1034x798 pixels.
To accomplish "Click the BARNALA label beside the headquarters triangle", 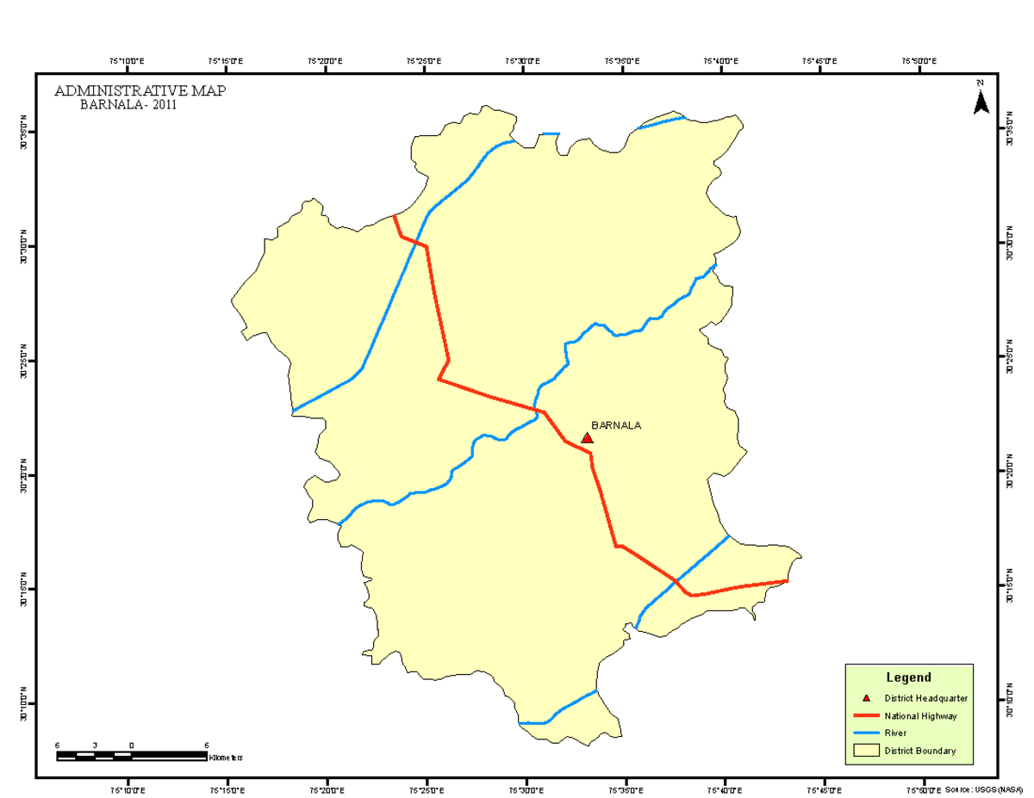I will tap(616, 425).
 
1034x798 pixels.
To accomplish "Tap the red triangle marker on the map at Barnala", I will tap(588, 438).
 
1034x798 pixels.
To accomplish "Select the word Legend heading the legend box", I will tap(908, 677).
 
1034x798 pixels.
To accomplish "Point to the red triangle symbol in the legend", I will tap(867, 698).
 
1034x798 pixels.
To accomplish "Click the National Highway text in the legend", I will tap(920, 715).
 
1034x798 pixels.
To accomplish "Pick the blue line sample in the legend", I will tap(867, 733).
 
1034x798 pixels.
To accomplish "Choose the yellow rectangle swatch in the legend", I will tap(867, 751).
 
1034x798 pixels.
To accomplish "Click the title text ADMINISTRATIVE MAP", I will tap(140, 91).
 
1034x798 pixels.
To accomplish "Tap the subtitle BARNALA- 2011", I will tap(128, 105).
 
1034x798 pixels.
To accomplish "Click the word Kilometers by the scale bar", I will tap(226, 758).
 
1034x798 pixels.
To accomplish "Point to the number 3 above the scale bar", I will tap(95, 745).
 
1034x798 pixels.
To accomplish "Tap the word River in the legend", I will tap(895, 733).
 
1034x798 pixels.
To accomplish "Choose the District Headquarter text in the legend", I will tap(925, 698).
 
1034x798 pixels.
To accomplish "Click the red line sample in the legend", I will tap(867, 715).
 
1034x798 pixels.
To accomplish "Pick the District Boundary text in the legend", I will tap(920, 751).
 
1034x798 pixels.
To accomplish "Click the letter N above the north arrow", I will tap(981, 83).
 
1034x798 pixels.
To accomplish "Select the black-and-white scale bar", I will tap(131, 756).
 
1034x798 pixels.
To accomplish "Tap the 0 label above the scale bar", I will tap(132, 745).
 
